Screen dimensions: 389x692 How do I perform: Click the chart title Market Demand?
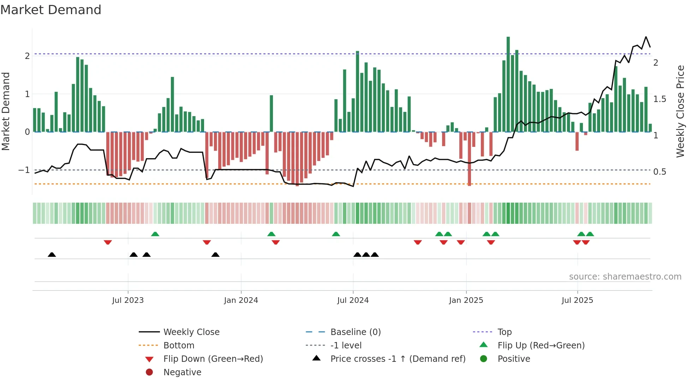click(51, 10)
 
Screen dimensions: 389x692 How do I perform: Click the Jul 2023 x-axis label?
click(128, 300)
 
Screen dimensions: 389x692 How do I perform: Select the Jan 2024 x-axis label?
click(241, 300)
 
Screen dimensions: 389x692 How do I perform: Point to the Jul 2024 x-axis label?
click(353, 300)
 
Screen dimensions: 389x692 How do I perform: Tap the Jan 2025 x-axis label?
click(466, 300)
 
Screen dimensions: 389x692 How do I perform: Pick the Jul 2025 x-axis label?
click(577, 300)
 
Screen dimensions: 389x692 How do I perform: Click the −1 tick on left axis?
click(24, 170)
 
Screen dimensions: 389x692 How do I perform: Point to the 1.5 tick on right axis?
click(660, 99)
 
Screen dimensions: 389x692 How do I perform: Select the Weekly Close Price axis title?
click(680, 111)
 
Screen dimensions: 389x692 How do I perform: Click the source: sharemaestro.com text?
click(625, 277)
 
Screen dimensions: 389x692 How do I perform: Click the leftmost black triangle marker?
click(52, 255)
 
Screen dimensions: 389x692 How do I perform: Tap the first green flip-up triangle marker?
click(155, 234)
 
